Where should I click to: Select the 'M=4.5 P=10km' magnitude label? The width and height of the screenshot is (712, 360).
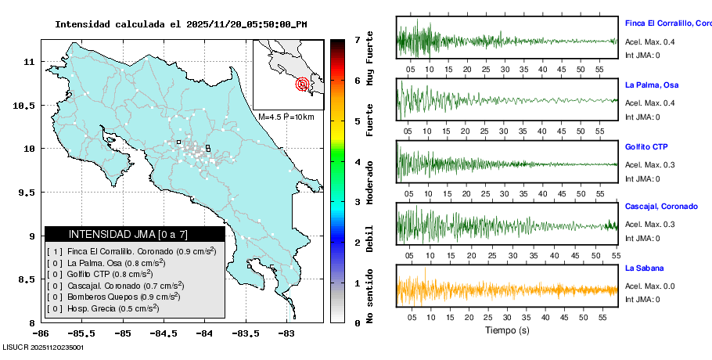click(x=286, y=117)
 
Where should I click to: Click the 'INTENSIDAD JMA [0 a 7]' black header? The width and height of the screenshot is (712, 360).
click(x=135, y=234)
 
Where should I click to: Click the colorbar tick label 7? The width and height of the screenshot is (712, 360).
click(x=357, y=39)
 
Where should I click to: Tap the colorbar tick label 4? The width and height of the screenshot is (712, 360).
click(x=357, y=162)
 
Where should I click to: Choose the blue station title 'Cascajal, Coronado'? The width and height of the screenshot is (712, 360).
click(x=661, y=207)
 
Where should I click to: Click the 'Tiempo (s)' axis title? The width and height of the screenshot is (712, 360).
click(x=506, y=330)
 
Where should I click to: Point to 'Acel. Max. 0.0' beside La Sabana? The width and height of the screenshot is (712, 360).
click(x=649, y=286)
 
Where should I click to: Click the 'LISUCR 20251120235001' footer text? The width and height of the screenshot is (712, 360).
click(x=44, y=347)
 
